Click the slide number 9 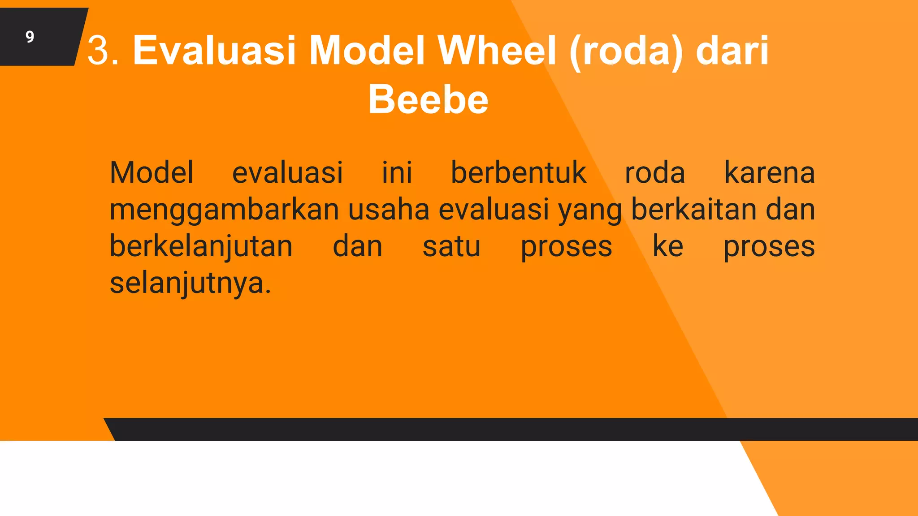tap(30, 37)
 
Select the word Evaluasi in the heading tap(214, 50)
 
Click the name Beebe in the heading tap(428, 99)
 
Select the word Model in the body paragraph tap(152, 172)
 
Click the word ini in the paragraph tap(397, 172)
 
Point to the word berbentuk tap(518, 172)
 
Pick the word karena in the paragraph tap(769, 172)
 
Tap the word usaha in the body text tap(389, 210)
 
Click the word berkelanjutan tap(201, 247)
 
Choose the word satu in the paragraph tap(451, 247)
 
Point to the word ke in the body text tap(667, 246)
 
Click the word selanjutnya tap(191, 284)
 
